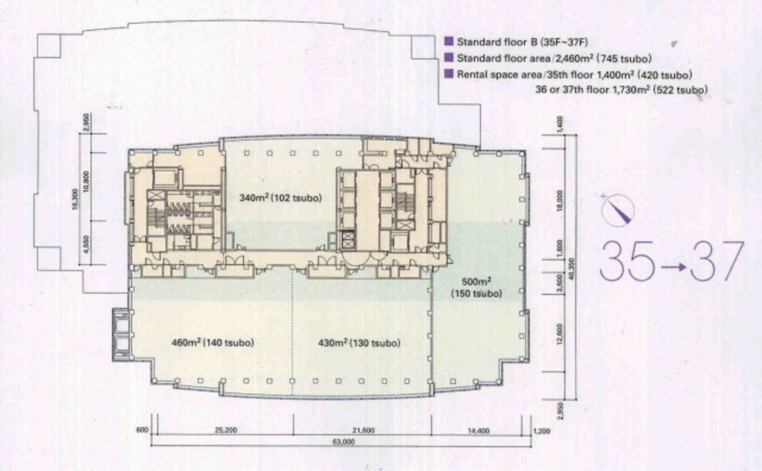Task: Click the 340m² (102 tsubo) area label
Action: click(280, 198)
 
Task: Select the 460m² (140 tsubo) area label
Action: click(212, 343)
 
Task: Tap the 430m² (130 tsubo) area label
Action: click(359, 343)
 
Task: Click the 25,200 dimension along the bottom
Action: click(224, 431)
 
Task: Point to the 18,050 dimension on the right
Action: click(560, 201)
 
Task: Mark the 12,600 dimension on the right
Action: click(560, 334)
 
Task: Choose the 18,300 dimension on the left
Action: click(74, 199)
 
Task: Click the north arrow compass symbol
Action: click(618, 209)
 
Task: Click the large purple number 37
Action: click(717, 262)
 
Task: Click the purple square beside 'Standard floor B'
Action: click(449, 42)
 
